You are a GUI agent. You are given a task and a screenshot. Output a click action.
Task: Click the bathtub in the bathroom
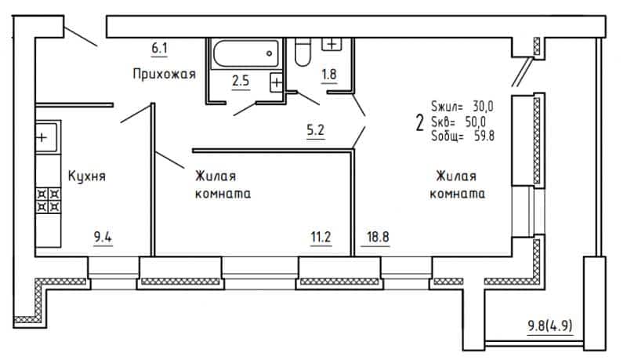pos(245,53)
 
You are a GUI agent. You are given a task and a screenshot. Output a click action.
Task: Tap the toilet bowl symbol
pos(303,52)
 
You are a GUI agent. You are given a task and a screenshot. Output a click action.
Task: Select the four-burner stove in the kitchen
pos(49,201)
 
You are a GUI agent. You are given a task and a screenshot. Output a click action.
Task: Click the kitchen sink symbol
pos(48,137)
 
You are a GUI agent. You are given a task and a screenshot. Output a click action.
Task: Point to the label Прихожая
pos(164,75)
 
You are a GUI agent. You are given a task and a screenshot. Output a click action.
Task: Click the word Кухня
pos(87,176)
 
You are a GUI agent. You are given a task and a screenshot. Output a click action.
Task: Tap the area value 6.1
pos(159,49)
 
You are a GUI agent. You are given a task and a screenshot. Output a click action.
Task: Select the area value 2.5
pos(241,81)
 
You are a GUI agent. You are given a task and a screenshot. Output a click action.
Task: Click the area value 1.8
pos(329,75)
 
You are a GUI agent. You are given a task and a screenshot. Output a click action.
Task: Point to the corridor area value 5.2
pos(316,130)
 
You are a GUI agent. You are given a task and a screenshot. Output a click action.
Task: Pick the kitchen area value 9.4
pos(103,237)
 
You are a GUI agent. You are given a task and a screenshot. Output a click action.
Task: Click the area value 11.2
pos(321,237)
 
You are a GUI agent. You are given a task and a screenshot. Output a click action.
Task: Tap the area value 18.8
pos(378,237)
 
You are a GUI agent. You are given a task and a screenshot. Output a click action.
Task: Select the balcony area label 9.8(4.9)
pos(550,325)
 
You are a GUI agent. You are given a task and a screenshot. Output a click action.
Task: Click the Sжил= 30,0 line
pos(462,107)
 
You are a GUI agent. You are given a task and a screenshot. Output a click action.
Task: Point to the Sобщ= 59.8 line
pos(463,136)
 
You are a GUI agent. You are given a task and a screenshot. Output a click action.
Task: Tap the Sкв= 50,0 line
pos(458,122)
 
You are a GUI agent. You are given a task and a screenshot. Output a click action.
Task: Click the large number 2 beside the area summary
pos(419,123)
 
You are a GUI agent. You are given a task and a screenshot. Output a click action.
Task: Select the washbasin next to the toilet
pos(332,45)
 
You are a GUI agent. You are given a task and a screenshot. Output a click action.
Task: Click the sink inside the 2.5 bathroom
pos(276,82)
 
